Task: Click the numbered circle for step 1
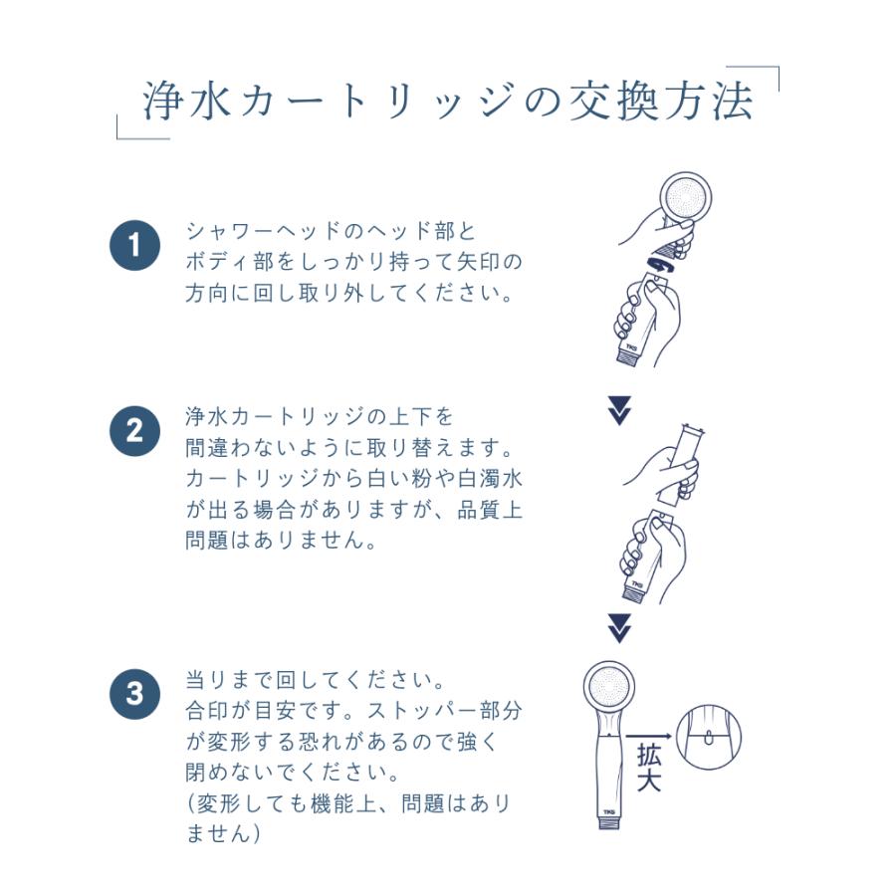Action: [x=134, y=246]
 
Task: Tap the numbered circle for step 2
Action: [x=134, y=431]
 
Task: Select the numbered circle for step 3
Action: [x=134, y=694]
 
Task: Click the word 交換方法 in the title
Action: [x=662, y=102]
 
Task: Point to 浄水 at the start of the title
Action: [x=187, y=102]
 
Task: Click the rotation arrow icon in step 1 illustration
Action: [x=662, y=265]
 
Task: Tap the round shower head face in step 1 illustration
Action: [x=686, y=198]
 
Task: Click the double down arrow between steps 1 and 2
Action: [x=619, y=410]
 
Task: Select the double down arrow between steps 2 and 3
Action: [x=619, y=628]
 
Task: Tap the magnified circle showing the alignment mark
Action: [x=709, y=737]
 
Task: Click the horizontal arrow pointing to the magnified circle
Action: [x=648, y=737]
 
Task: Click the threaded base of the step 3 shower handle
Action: [x=609, y=823]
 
